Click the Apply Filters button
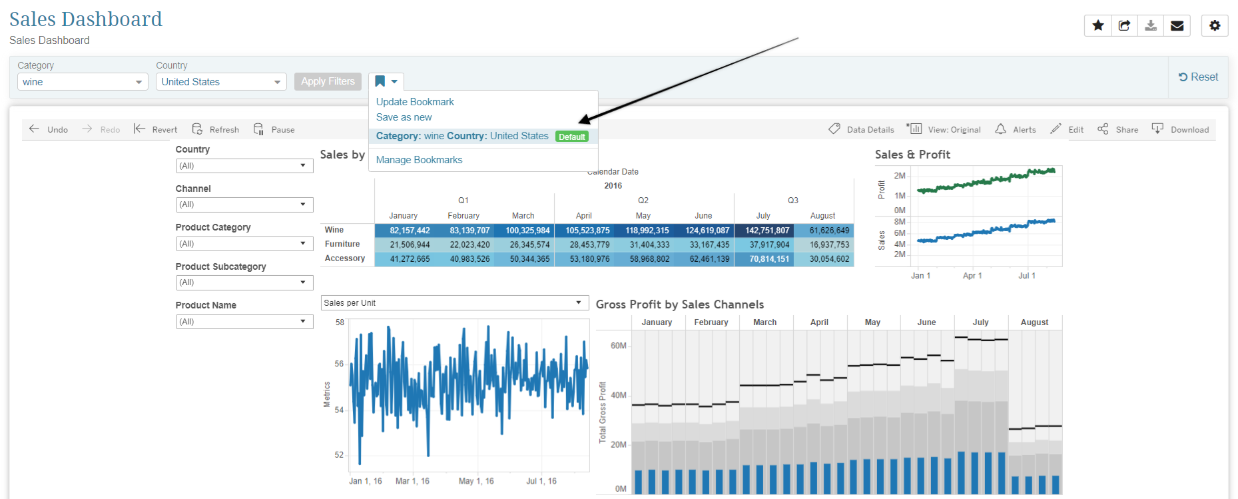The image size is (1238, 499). [328, 81]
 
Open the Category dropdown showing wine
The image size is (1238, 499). [82, 82]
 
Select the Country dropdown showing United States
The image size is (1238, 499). [221, 82]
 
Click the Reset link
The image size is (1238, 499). [1198, 77]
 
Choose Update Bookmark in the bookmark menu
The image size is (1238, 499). [415, 102]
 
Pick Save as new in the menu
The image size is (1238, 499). [404, 117]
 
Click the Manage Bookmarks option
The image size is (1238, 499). [419, 160]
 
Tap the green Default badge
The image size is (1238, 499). [572, 137]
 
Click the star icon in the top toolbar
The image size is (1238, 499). [1098, 25]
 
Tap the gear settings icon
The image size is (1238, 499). [1215, 25]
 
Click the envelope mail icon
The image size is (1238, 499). [1177, 25]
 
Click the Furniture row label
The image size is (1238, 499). [342, 245]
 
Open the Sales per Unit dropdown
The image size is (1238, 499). [455, 303]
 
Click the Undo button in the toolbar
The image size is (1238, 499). [49, 129]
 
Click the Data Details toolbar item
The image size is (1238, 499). [861, 129]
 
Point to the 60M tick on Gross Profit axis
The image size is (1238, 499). [619, 346]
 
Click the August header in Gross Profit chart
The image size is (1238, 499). [1034, 322]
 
